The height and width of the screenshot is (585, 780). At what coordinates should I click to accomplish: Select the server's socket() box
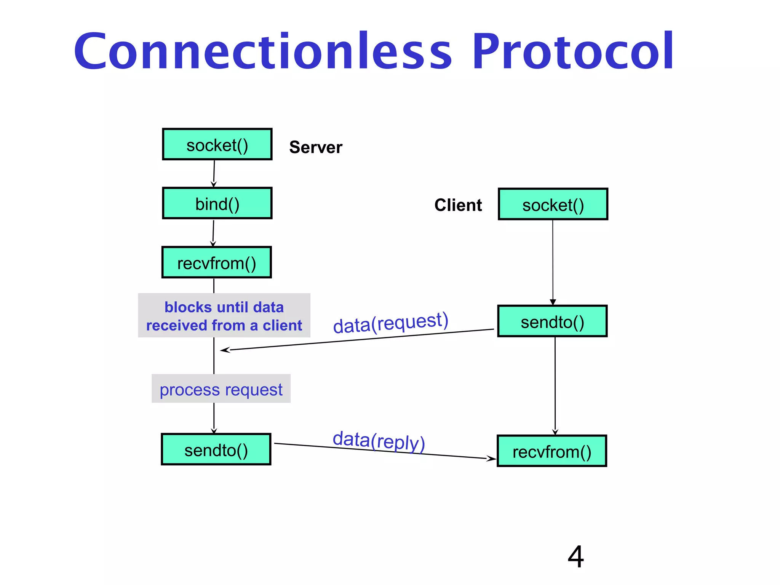pos(217,144)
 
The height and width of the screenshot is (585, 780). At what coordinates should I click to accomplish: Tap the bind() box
pos(217,203)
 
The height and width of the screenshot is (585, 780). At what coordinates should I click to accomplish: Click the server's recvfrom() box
pos(216,262)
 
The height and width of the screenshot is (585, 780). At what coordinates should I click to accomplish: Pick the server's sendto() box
pos(216,449)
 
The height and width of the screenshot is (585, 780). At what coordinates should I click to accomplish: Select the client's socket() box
pos(553,205)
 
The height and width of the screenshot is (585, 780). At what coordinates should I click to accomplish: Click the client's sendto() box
pos(552,321)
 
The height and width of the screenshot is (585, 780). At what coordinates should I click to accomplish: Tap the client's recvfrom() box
pos(552,451)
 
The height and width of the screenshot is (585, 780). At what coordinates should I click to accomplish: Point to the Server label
pos(315,147)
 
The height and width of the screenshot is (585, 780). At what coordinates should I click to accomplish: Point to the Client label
pos(458,205)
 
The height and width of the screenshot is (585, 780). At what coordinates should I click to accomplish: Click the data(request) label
pos(390,323)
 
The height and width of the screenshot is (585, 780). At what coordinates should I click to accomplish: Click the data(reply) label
pos(379,441)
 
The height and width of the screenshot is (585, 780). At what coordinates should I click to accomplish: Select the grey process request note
pos(221,389)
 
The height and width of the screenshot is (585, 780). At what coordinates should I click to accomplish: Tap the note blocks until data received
pos(224,316)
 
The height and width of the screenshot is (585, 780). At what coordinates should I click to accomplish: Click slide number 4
pos(575,556)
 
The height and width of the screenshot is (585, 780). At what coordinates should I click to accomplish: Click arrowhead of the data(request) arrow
pos(224,350)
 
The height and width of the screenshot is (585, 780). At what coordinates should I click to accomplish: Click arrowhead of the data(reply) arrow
pos(492,459)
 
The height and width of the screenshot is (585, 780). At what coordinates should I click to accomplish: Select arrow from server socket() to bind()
pos(214,173)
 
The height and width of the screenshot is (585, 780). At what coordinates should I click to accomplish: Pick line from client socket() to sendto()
pos(553,263)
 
